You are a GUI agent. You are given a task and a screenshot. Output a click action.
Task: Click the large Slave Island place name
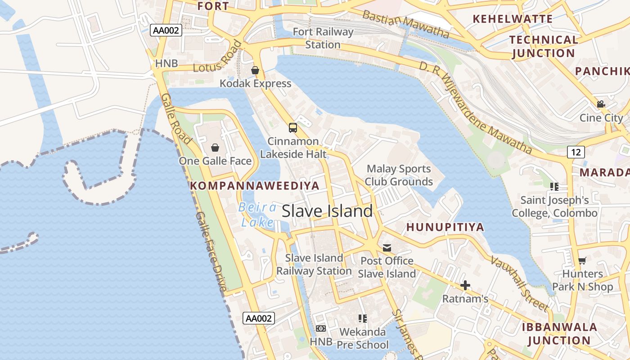point(327,211)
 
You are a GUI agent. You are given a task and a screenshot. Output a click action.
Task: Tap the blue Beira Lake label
point(258,215)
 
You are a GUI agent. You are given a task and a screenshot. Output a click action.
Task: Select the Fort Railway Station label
point(323,38)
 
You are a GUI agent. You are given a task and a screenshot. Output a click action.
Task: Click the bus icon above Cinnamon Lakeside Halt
point(293,128)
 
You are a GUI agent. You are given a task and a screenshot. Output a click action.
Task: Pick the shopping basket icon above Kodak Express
point(255,70)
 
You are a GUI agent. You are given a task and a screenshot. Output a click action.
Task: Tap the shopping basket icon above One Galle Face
point(215,147)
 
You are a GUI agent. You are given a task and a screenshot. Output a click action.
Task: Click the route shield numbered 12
point(576,152)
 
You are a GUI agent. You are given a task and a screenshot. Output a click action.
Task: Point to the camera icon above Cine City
point(601,104)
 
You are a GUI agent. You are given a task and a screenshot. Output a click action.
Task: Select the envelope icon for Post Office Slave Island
point(387,247)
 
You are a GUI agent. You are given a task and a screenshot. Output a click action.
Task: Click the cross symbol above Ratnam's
point(465,285)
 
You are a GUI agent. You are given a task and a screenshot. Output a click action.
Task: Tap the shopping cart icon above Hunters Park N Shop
point(582,260)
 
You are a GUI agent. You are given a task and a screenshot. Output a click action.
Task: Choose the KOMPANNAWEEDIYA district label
point(255,185)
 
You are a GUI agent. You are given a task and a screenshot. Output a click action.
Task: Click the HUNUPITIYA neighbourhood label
point(445,227)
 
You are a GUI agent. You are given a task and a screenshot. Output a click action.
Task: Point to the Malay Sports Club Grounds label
point(399,175)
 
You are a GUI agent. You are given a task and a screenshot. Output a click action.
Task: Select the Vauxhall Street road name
point(520,283)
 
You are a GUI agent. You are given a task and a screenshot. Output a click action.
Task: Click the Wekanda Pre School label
point(363,338)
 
